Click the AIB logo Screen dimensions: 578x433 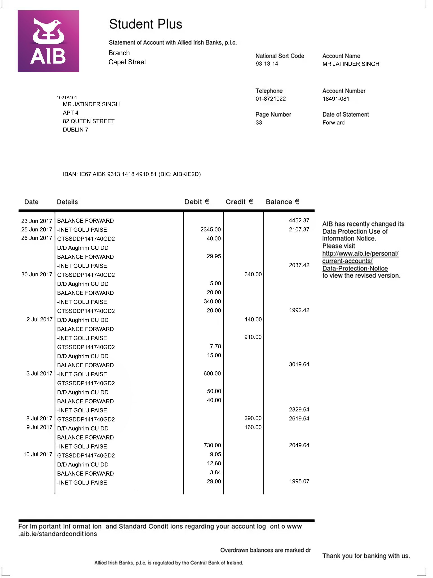pyautogui.click(x=48, y=41)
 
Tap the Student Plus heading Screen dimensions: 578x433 pyautogui.click(x=145, y=24)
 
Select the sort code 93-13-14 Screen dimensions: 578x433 pyautogui.click(x=267, y=64)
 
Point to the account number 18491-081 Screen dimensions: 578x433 pyautogui.click(x=336, y=99)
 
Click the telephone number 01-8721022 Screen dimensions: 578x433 pyautogui.click(x=270, y=99)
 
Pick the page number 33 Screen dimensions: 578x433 pyautogui.click(x=259, y=123)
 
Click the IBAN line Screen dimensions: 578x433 pyautogui.click(x=131, y=174)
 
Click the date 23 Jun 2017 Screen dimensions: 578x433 pyautogui.click(x=37, y=221)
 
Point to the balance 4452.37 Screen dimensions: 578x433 pyautogui.click(x=299, y=221)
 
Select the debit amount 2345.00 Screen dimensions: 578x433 pyautogui.click(x=210, y=229)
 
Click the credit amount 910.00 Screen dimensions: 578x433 pyautogui.click(x=253, y=337)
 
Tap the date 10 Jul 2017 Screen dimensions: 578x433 pyautogui.click(x=38, y=454)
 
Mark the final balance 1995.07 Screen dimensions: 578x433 pyautogui.click(x=299, y=481)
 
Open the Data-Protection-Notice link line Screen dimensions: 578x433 pyautogui.click(x=355, y=268)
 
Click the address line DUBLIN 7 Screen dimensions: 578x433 pyautogui.click(x=75, y=130)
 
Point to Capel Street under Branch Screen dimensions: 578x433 pyautogui.click(x=127, y=62)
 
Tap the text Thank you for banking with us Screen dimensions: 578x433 pyautogui.click(x=366, y=556)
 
